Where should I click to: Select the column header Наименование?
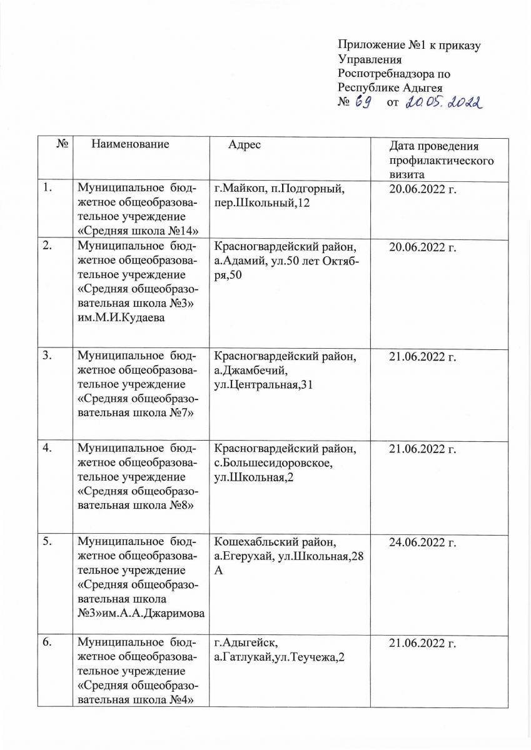point(130,144)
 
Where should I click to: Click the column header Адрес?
point(245,144)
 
